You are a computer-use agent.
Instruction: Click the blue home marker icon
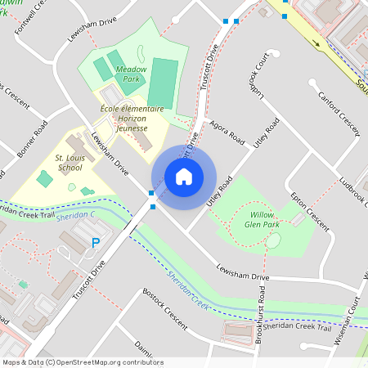click(x=184, y=176)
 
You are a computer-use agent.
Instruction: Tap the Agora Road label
click(x=227, y=131)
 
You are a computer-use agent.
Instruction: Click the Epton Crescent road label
click(x=311, y=212)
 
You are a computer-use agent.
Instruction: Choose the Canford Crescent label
click(x=339, y=107)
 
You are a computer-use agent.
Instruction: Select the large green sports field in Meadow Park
click(x=163, y=76)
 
